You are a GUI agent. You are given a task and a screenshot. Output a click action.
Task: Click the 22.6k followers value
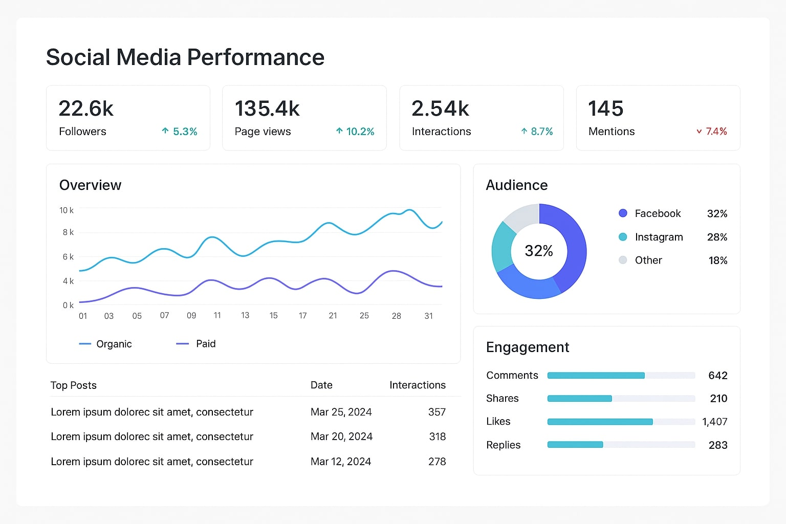[86, 108]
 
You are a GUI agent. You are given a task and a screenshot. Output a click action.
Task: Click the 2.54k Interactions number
[440, 108]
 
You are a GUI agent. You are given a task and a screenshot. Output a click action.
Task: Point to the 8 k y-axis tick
[68, 232]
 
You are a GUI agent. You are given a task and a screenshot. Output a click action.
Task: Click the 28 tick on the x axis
[396, 316]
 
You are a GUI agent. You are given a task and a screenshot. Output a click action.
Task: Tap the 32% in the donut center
[539, 251]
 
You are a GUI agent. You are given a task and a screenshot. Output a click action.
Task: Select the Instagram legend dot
[623, 237]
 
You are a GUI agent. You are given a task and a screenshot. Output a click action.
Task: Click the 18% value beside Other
[717, 260]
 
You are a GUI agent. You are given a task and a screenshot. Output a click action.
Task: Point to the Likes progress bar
[600, 422]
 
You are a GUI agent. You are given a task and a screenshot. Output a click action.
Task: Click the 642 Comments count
[717, 376]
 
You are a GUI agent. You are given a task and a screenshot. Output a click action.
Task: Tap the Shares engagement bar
[579, 399]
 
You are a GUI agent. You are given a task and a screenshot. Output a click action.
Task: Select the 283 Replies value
[717, 445]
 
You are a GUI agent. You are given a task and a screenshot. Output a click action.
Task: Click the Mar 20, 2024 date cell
[341, 436]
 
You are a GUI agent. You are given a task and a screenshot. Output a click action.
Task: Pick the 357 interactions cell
[436, 412]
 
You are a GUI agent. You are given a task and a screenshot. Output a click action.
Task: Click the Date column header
[321, 385]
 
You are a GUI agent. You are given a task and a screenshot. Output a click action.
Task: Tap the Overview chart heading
[90, 185]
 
